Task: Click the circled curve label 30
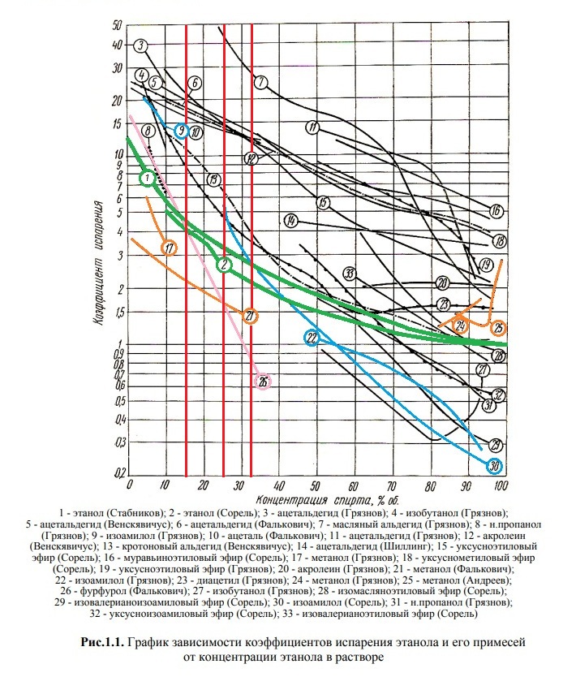[496, 465]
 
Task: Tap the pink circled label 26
[264, 382]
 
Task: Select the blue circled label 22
[312, 338]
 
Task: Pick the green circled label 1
[146, 177]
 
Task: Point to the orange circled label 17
[169, 248]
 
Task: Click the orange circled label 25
[499, 328]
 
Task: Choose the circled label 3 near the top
[141, 45]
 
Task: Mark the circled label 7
[260, 82]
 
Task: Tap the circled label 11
[312, 127]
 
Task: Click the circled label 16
[496, 212]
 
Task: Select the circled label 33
[350, 273]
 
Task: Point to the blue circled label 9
[181, 131]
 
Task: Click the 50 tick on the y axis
[118, 27]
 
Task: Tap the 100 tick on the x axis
[501, 486]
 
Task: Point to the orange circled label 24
[460, 326]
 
